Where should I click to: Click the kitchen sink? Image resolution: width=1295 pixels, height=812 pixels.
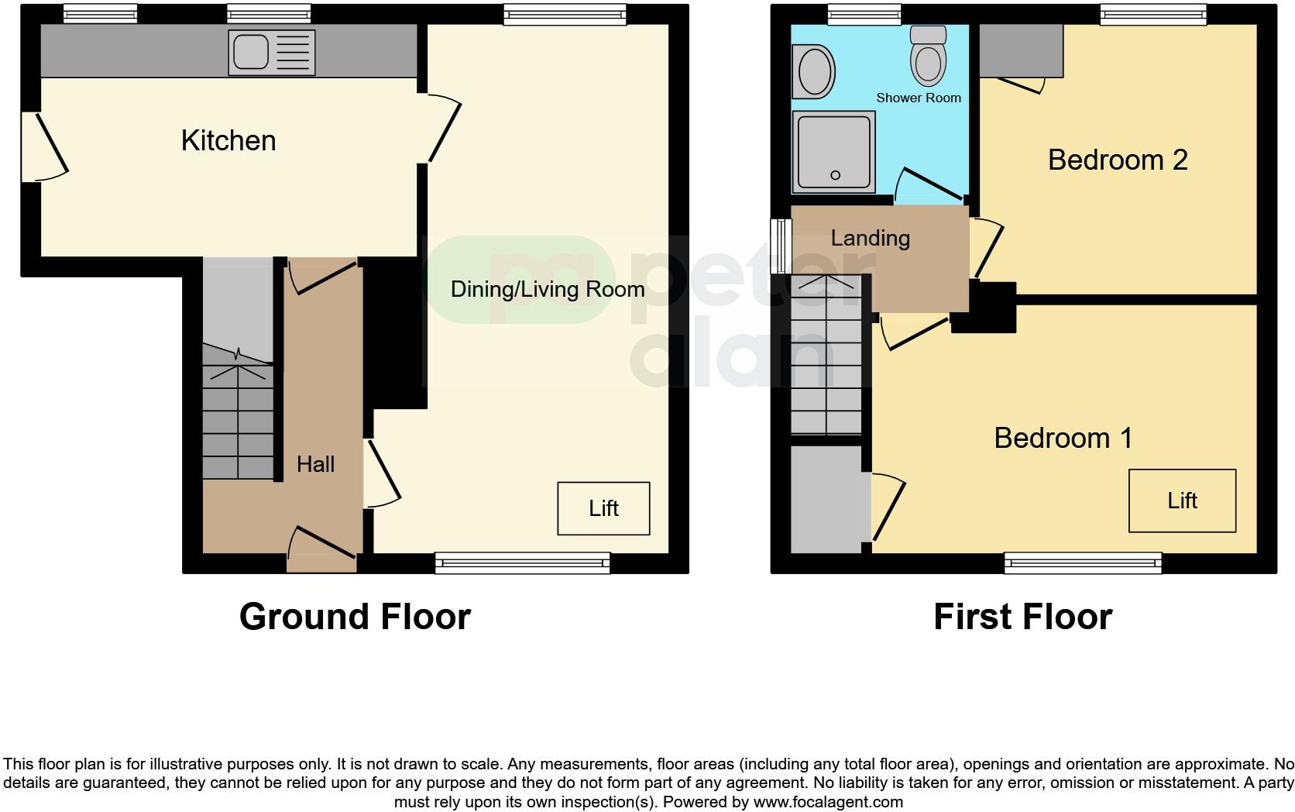coord(271,53)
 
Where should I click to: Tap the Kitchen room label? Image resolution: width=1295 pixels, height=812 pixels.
coord(228,141)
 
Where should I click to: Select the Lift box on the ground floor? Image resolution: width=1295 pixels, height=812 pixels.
coord(603,508)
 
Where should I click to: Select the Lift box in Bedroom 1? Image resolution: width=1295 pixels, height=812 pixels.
coord(1182,501)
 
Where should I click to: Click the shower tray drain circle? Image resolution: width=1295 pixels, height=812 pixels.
coord(835,175)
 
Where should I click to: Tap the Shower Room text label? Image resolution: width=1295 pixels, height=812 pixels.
coord(919,98)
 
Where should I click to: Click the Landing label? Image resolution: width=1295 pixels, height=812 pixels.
coord(870,238)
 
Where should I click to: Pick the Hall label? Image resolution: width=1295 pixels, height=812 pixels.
coord(315,464)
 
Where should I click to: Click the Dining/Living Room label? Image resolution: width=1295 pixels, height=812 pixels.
coord(548,290)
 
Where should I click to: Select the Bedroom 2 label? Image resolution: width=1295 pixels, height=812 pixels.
coord(1118,160)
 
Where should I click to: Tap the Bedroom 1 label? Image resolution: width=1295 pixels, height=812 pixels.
coord(1063,439)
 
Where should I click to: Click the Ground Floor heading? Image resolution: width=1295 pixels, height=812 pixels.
coord(355,617)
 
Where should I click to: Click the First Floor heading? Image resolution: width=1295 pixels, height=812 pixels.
coord(1022,617)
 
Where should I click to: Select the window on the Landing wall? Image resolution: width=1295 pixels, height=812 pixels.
coord(781,246)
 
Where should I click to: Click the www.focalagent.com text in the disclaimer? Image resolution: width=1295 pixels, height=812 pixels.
coord(828,802)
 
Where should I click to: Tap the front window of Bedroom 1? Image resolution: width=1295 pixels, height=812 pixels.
coord(1083,563)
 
